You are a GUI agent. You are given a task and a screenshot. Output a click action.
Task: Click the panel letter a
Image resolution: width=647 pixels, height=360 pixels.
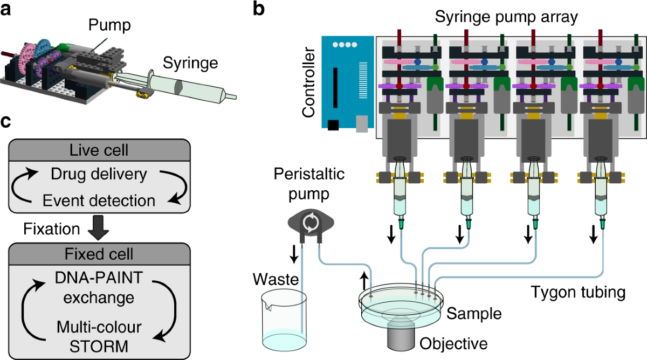tap(7, 10)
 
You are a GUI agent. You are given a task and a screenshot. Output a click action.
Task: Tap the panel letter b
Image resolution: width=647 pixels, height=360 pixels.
tap(259, 10)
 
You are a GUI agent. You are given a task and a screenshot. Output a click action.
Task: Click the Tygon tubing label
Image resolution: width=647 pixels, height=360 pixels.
tap(578, 293)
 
